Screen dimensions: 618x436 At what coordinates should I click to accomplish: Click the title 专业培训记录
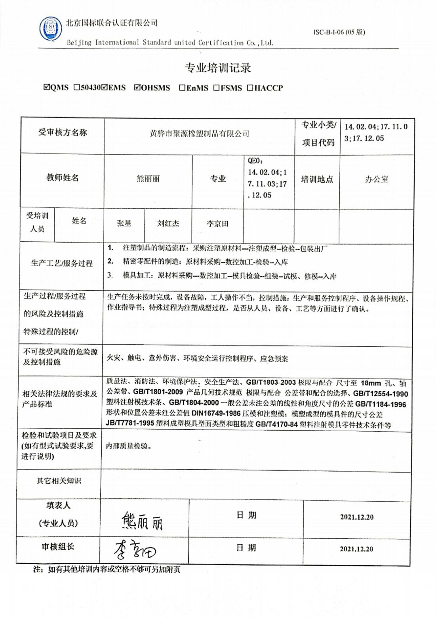point(217,68)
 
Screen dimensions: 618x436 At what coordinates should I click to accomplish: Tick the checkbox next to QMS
point(47,87)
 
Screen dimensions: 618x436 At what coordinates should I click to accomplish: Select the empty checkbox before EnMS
point(182,88)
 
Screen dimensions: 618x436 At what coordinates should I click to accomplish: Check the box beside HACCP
point(250,88)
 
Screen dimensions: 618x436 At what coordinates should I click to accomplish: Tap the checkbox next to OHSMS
point(137,87)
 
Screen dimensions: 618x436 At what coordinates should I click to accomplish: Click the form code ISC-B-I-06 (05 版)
point(339,32)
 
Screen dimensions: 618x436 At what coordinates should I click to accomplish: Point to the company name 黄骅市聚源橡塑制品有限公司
point(199,134)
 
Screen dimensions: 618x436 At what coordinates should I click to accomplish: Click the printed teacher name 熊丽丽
point(148,178)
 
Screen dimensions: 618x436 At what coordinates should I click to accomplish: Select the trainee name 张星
point(124,223)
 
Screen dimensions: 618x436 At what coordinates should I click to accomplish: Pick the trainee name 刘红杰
point(168,223)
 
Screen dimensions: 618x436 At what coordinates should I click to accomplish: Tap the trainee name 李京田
point(217,224)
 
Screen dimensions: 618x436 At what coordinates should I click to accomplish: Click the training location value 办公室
point(376,179)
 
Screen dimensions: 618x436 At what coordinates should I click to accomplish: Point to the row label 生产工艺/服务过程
point(62,263)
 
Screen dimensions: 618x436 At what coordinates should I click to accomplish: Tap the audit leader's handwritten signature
point(135,550)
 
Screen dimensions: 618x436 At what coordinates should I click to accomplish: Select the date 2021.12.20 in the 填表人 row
point(356,517)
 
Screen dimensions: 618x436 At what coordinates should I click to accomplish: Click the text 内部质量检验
point(128,446)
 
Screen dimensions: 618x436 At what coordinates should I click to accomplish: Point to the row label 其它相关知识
point(59,481)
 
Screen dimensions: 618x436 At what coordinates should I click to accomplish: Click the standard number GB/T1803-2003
point(271,382)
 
